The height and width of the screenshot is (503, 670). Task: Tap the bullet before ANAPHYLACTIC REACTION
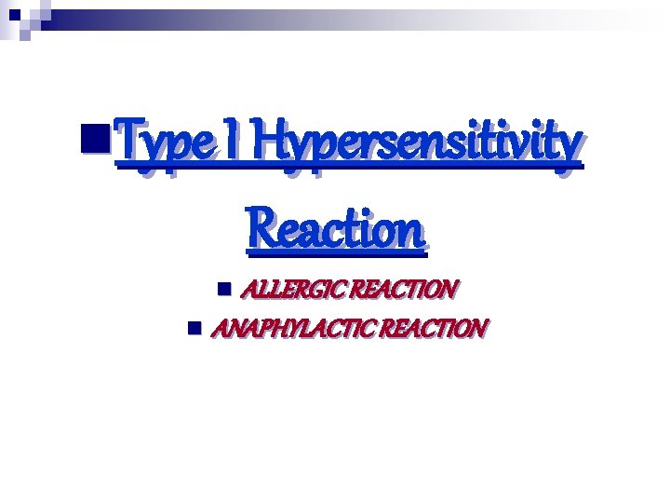(x=194, y=328)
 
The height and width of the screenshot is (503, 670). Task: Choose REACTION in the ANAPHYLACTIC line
(x=433, y=329)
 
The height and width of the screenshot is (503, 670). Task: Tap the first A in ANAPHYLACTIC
(x=222, y=329)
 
